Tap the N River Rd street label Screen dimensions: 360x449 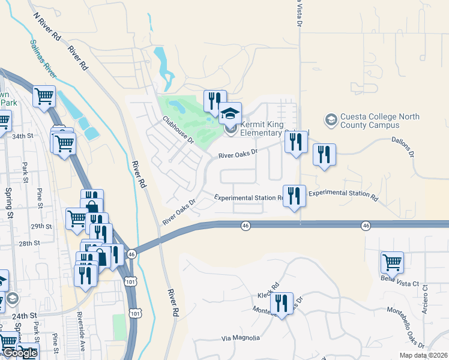click(x=47, y=26)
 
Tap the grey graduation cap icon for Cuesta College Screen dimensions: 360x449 click(x=331, y=120)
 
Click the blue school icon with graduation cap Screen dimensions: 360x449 click(x=229, y=113)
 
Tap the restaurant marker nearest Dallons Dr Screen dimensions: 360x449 click(x=324, y=154)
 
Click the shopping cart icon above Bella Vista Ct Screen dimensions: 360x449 click(x=391, y=262)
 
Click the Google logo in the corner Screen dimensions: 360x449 click(x=20, y=353)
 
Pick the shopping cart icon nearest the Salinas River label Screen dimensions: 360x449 click(x=44, y=95)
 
